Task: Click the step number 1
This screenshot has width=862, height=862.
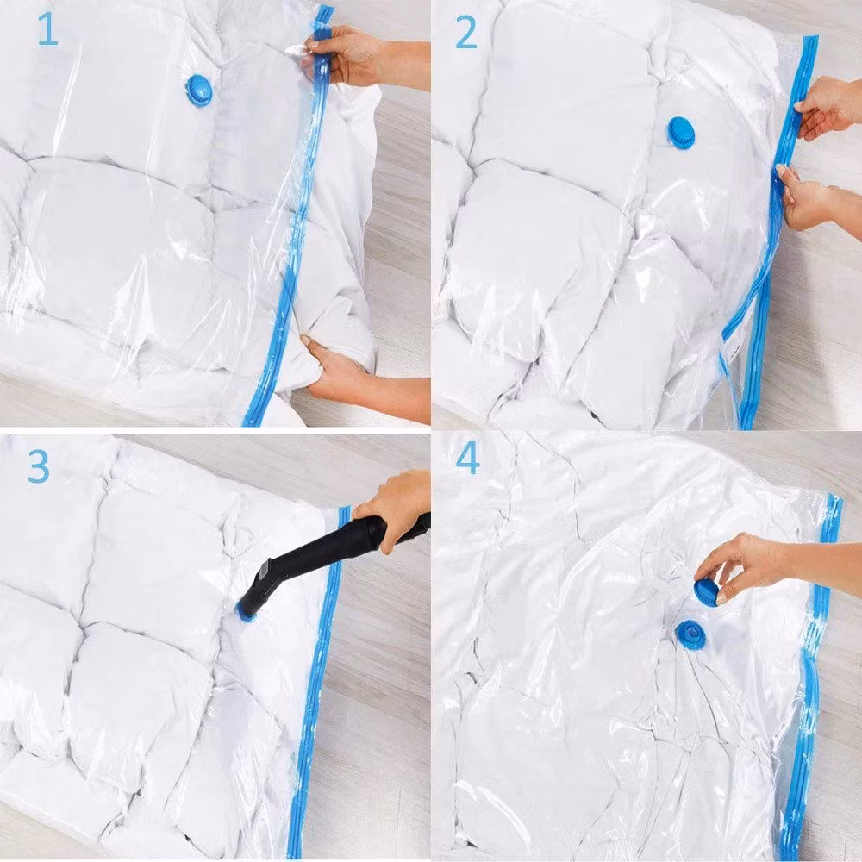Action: [47, 28]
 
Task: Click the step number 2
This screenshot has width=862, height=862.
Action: [466, 33]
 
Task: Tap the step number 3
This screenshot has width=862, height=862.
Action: [39, 466]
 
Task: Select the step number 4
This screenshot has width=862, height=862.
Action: [468, 459]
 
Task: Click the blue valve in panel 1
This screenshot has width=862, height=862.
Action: [198, 91]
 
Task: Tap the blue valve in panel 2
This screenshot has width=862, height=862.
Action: [681, 133]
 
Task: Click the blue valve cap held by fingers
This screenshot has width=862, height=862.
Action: [706, 591]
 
